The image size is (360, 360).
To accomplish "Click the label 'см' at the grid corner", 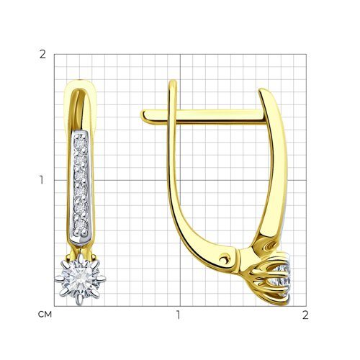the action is coord(45,314).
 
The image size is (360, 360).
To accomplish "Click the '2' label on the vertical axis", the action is coord(42,55).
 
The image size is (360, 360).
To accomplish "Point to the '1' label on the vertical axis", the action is coord(42,180).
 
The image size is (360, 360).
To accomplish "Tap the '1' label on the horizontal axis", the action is coord(178,315).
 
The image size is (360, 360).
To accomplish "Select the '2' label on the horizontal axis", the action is coord(305,315).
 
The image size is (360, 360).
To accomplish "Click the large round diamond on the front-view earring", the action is coord(81,279).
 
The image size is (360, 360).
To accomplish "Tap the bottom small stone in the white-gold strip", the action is coord(80,225).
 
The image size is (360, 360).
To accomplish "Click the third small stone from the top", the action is coord(80,176).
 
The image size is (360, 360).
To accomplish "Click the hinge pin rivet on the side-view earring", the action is coord(224,258).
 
